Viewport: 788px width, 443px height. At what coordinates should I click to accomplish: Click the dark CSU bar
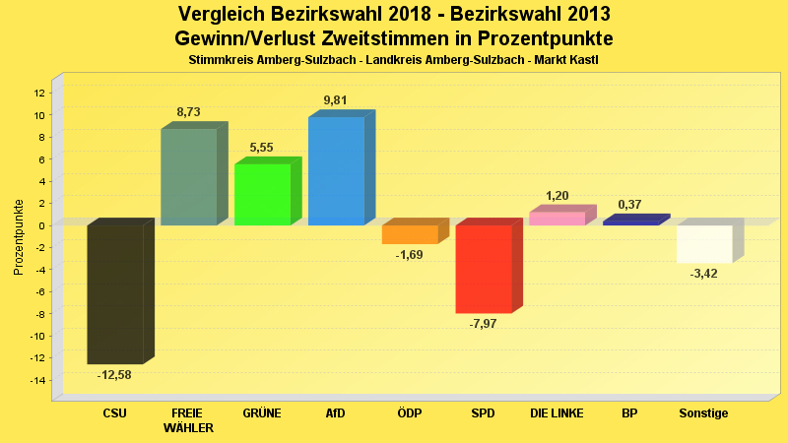click(x=115, y=293)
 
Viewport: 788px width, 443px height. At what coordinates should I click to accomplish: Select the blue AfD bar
click(x=336, y=171)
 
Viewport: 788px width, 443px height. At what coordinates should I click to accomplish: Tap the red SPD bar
click(x=483, y=269)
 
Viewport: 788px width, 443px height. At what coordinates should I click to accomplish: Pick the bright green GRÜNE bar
click(x=262, y=194)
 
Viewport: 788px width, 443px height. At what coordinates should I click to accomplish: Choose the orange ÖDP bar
click(x=410, y=234)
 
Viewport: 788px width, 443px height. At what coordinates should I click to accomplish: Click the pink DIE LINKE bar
click(x=557, y=219)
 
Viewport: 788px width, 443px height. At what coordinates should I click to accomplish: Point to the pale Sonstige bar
click(x=703, y=243)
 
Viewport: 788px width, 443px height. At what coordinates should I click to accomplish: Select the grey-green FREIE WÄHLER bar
click(x=188, y=177)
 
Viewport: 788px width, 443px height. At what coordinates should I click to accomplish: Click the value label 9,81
click(x=335, y=100)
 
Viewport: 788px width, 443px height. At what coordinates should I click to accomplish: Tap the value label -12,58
click(x=114, y=375)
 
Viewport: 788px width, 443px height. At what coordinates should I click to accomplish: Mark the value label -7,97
click(x=483, y=323)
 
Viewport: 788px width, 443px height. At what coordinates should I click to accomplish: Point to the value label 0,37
click(x=629, y=205)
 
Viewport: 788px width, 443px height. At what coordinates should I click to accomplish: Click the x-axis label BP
click(x=629, y=413)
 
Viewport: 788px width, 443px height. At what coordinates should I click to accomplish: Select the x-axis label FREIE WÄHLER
click(x=188, y=420)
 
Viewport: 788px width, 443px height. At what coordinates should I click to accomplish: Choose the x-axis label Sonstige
click(x=703, y=413)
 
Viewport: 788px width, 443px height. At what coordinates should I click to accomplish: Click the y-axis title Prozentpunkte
click(x=18, y=236)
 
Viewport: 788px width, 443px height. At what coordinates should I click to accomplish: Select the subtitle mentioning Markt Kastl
click(x=393, y=60)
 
